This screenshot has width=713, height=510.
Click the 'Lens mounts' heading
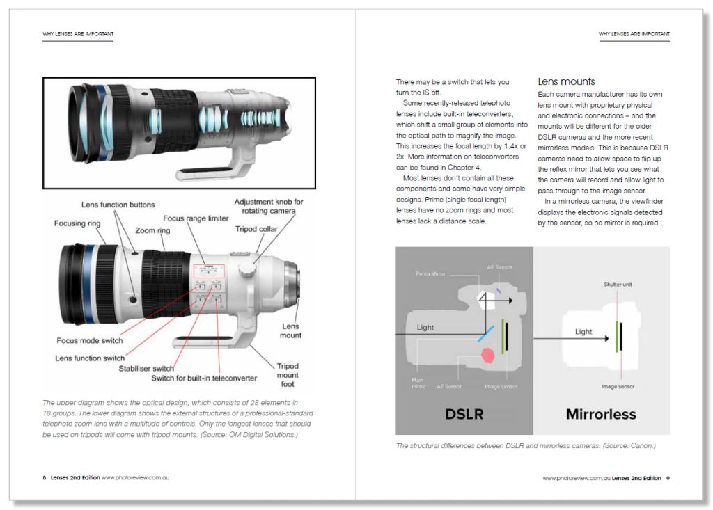pos(566,81)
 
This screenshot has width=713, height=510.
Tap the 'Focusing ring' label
pos(77,224)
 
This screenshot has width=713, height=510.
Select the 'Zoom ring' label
pos(155,230)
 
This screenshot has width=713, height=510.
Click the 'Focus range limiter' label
pos(196,218)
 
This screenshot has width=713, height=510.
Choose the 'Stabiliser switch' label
pos(146,369)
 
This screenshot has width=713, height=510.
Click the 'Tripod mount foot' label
pos(288,375)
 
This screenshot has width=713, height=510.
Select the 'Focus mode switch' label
pos(90,341)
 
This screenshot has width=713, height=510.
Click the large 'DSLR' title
pos(464,415)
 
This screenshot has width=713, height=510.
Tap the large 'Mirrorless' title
pos(601,415)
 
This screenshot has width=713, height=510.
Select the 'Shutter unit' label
pos(618,285)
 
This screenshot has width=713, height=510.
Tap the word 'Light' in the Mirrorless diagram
pos(583,332)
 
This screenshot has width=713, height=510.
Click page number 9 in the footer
pos(668,478)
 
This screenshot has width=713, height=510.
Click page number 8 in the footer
pos(45,478)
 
